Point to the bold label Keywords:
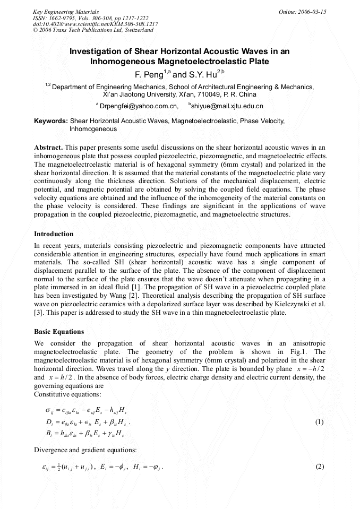click(x=51, y=121)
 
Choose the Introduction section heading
click(x=54, y=234)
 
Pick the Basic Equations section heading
click(x=59, y=332)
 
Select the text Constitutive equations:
click(x=66, y=394)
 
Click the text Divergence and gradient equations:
click(x=85, y=451)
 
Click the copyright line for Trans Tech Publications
click(x=93, y=30)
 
